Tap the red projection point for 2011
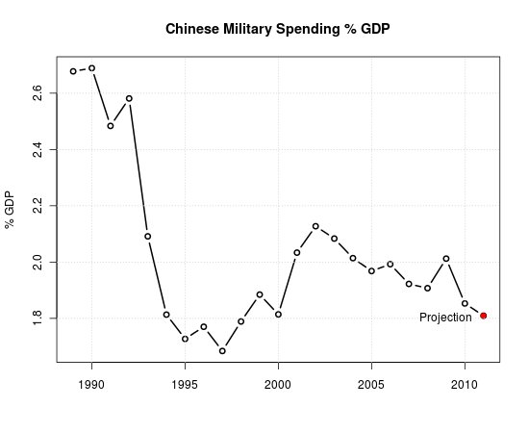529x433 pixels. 484,316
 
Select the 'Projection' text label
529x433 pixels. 445,318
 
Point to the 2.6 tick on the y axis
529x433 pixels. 37,93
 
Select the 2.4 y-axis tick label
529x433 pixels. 37,150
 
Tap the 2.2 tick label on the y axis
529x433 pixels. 37,206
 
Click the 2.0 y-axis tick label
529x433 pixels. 37,262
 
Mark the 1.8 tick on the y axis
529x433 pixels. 37,318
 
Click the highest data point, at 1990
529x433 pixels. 91,68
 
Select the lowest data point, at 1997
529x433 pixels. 222,351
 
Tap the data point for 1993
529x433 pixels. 148,237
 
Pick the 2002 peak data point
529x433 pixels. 315,226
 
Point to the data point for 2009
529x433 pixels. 446,258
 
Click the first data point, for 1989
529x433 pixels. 73,71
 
